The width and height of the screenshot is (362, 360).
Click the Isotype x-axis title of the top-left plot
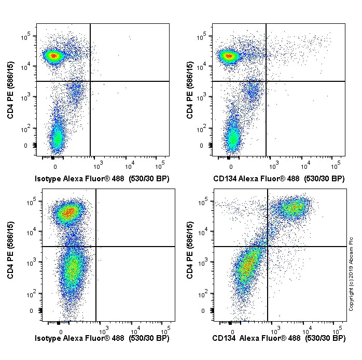point(102,179)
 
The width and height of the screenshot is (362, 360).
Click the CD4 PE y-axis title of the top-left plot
point(11,91)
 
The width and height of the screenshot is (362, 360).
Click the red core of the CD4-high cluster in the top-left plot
point(53,55)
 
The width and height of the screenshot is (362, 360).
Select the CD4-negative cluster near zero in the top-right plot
point(233,137)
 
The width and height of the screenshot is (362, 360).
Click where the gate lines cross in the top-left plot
point(90,81)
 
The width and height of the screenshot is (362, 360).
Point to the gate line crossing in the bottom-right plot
point(268,247)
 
